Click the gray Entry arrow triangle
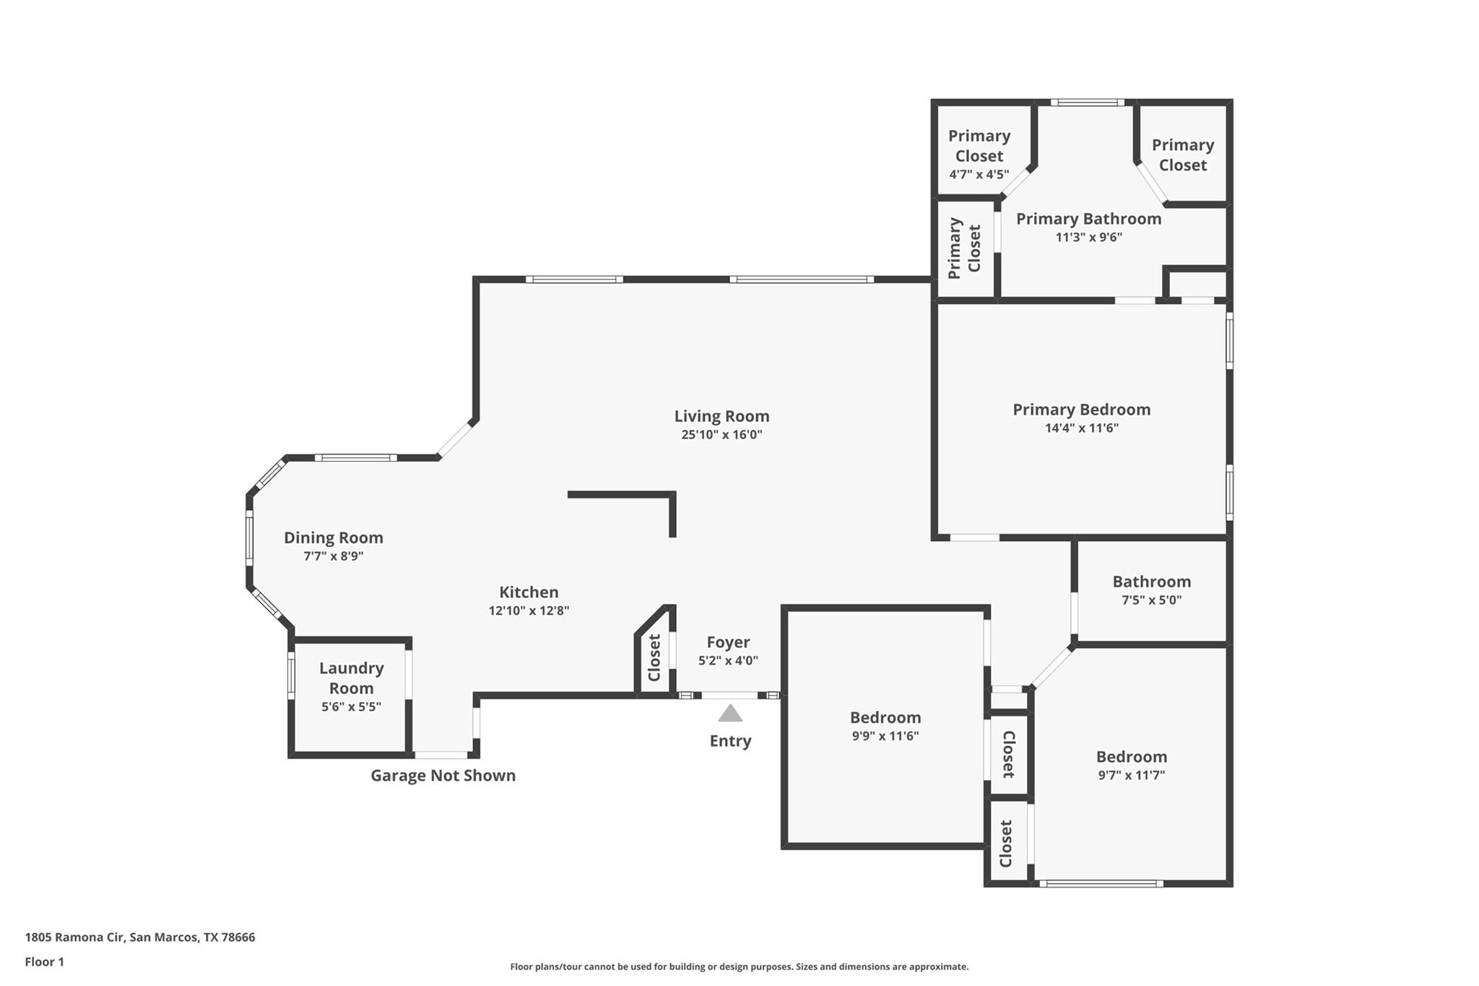tap(730, 714)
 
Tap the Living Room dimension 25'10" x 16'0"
tap(721, 435)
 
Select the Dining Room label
tap(333, 537)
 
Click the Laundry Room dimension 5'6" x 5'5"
tap(351, 706)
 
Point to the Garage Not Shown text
tap(443, 775)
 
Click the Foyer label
tap(728, 642)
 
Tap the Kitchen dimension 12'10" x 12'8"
tap(529, 610)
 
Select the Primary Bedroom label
tap(1081, 410)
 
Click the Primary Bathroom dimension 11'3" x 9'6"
tap(1088, 237)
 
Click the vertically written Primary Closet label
tap(964, 248)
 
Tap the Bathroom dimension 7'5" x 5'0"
tap(1151, 600)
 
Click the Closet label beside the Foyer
tap(654, 657)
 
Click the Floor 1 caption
tap(44, 961)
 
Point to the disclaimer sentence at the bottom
tap(739, 966)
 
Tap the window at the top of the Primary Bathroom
tap(1087, 103)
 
